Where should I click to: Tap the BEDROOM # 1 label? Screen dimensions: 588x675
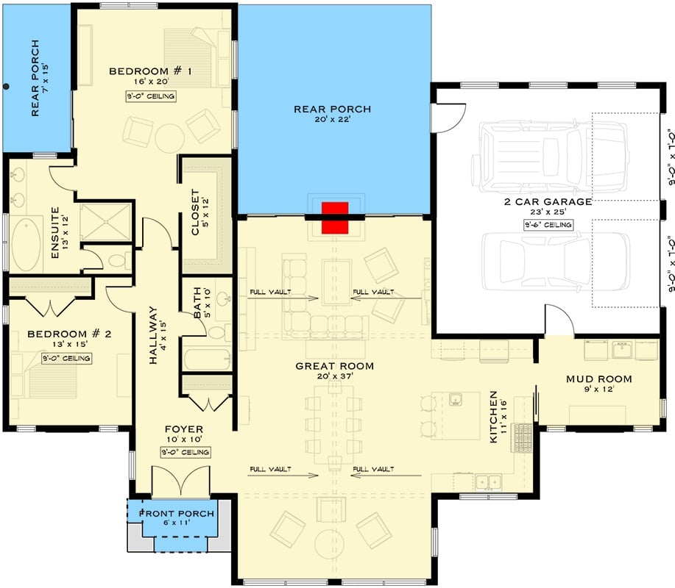click(x=150, y=71)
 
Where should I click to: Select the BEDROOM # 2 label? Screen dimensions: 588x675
click(x=69, y=334)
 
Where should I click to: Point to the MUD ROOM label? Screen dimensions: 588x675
click(x=598, y=379)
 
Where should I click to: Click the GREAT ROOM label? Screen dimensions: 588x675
click(x=334, y=366)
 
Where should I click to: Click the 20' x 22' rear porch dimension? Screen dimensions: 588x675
click(x=333, y=122)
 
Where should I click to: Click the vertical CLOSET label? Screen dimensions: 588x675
click(x=196, y=213)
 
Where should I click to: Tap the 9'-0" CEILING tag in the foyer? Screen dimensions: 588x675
click(x=184, y=452)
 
